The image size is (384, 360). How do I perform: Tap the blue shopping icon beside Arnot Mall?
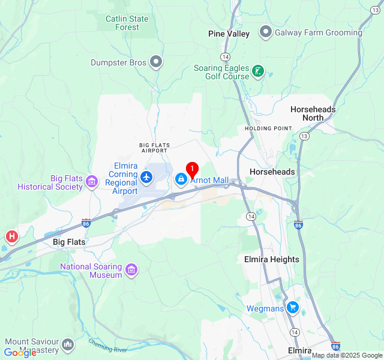click(181, 179)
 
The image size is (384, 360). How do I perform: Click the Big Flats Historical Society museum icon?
click(92, 181)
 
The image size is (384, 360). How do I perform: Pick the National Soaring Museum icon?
click(131, 270)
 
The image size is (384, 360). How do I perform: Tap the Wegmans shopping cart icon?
click(292, 308)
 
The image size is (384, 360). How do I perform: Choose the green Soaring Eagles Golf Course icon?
click(258, 72)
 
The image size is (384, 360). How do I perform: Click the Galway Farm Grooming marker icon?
click(266, 32)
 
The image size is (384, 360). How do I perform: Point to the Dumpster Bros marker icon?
click(156, 62)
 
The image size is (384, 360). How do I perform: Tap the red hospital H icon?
click(11, 237)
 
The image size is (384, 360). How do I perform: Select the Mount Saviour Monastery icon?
click(68, 345)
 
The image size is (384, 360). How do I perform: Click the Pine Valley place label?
click(229, 34)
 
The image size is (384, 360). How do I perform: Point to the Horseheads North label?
click(313, 113)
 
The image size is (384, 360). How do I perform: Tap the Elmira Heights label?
click(271, 259)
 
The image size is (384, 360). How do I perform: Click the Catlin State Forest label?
click(127, 23)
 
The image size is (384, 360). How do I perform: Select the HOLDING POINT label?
click(268, 128)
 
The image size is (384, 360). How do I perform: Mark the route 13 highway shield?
click(305, 137)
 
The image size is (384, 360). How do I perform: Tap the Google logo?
click(20, 353)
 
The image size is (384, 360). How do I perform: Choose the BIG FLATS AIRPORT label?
click(154, 148)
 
